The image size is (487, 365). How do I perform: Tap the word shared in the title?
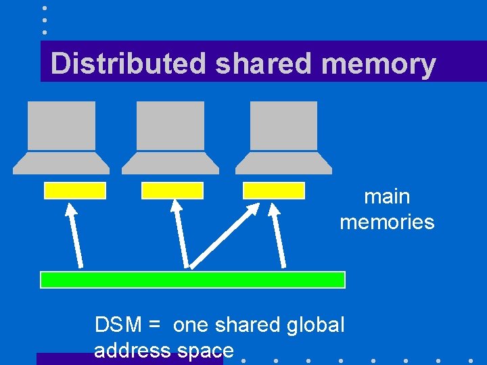(x=261, y=64)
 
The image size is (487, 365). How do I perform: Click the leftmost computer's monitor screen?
(x=62, y=125)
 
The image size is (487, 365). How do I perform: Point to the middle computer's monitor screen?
(x=170, y=125)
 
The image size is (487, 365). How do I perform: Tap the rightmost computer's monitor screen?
(x=283, y=125)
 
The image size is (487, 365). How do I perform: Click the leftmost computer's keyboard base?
(x=62, y=162)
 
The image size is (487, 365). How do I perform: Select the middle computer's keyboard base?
(x=170, y=162)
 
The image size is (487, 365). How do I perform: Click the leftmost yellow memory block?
(x=74, y=191)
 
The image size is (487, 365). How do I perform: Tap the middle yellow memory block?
(x=172, y=191)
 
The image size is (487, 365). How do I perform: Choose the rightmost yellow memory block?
(x=274, y=191)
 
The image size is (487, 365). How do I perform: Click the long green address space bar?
(x=193, y=279)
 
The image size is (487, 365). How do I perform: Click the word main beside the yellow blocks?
(x=387, y=197)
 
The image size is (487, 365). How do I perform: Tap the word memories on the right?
(x=387, y=222)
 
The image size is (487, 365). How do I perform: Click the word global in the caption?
(x=315, y=325)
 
